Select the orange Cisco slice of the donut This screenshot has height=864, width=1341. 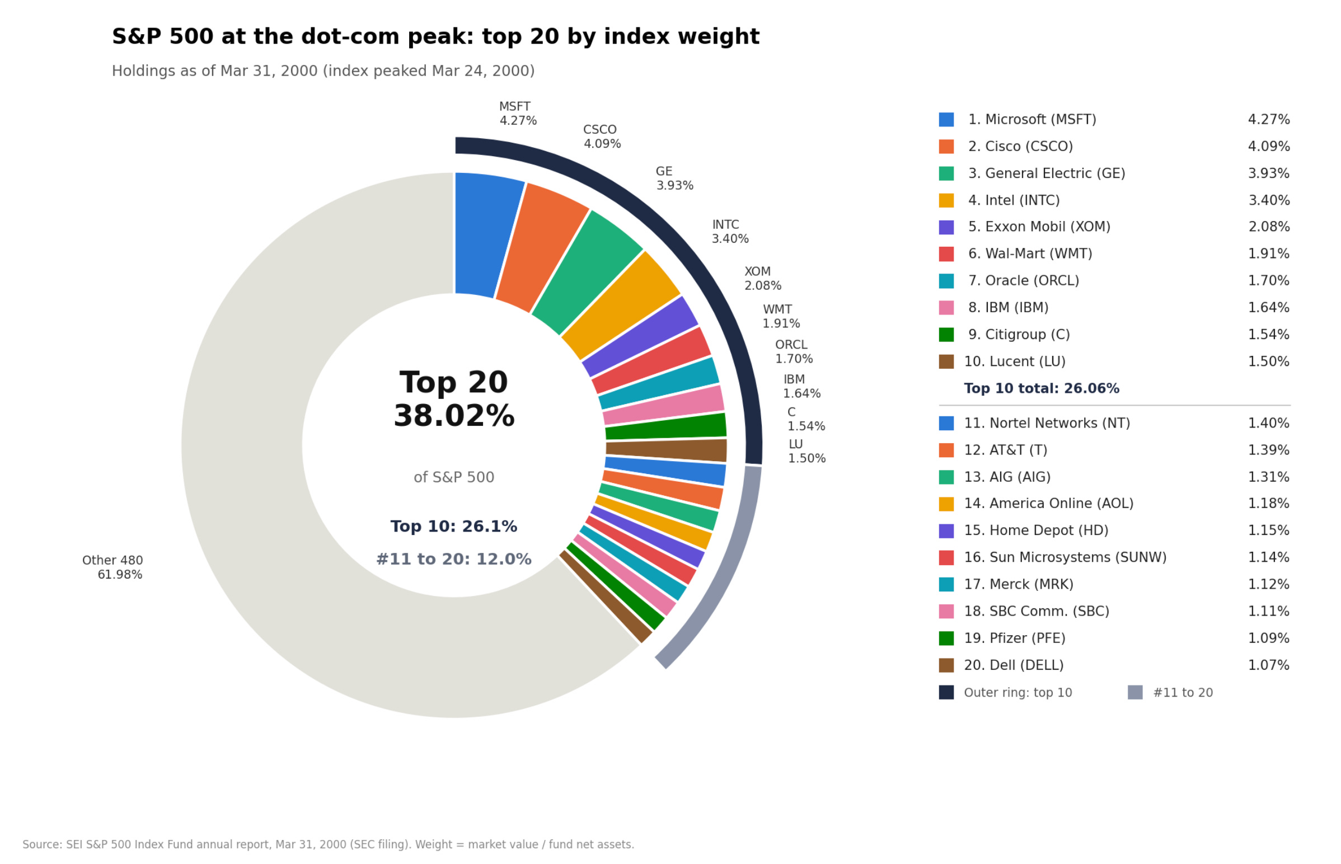tap(540, 248)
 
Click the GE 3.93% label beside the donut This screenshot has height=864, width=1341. tap(674, 179)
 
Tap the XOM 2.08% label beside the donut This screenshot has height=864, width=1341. tap(762, 279)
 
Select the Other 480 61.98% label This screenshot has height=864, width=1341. tap(112, 567)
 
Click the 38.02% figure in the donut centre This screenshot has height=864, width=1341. tap(454, 416)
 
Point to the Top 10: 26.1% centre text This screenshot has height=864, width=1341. tap(454, 526)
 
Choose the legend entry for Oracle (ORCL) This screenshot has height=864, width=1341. tap(1024, 280)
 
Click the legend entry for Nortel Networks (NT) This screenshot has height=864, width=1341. tap(1047, 423)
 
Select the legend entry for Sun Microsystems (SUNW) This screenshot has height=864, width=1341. tap(1065, 557)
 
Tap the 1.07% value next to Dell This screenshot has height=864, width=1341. tap(1268, 665)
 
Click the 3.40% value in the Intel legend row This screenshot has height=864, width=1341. tap(1269, 200)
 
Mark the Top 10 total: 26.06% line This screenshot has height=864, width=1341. tap(1042, 388)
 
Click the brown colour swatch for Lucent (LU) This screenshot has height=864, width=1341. tap(946, 361)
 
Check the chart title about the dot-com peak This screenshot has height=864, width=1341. tap(435, 36)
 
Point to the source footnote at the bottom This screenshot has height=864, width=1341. tap(328, 844)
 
